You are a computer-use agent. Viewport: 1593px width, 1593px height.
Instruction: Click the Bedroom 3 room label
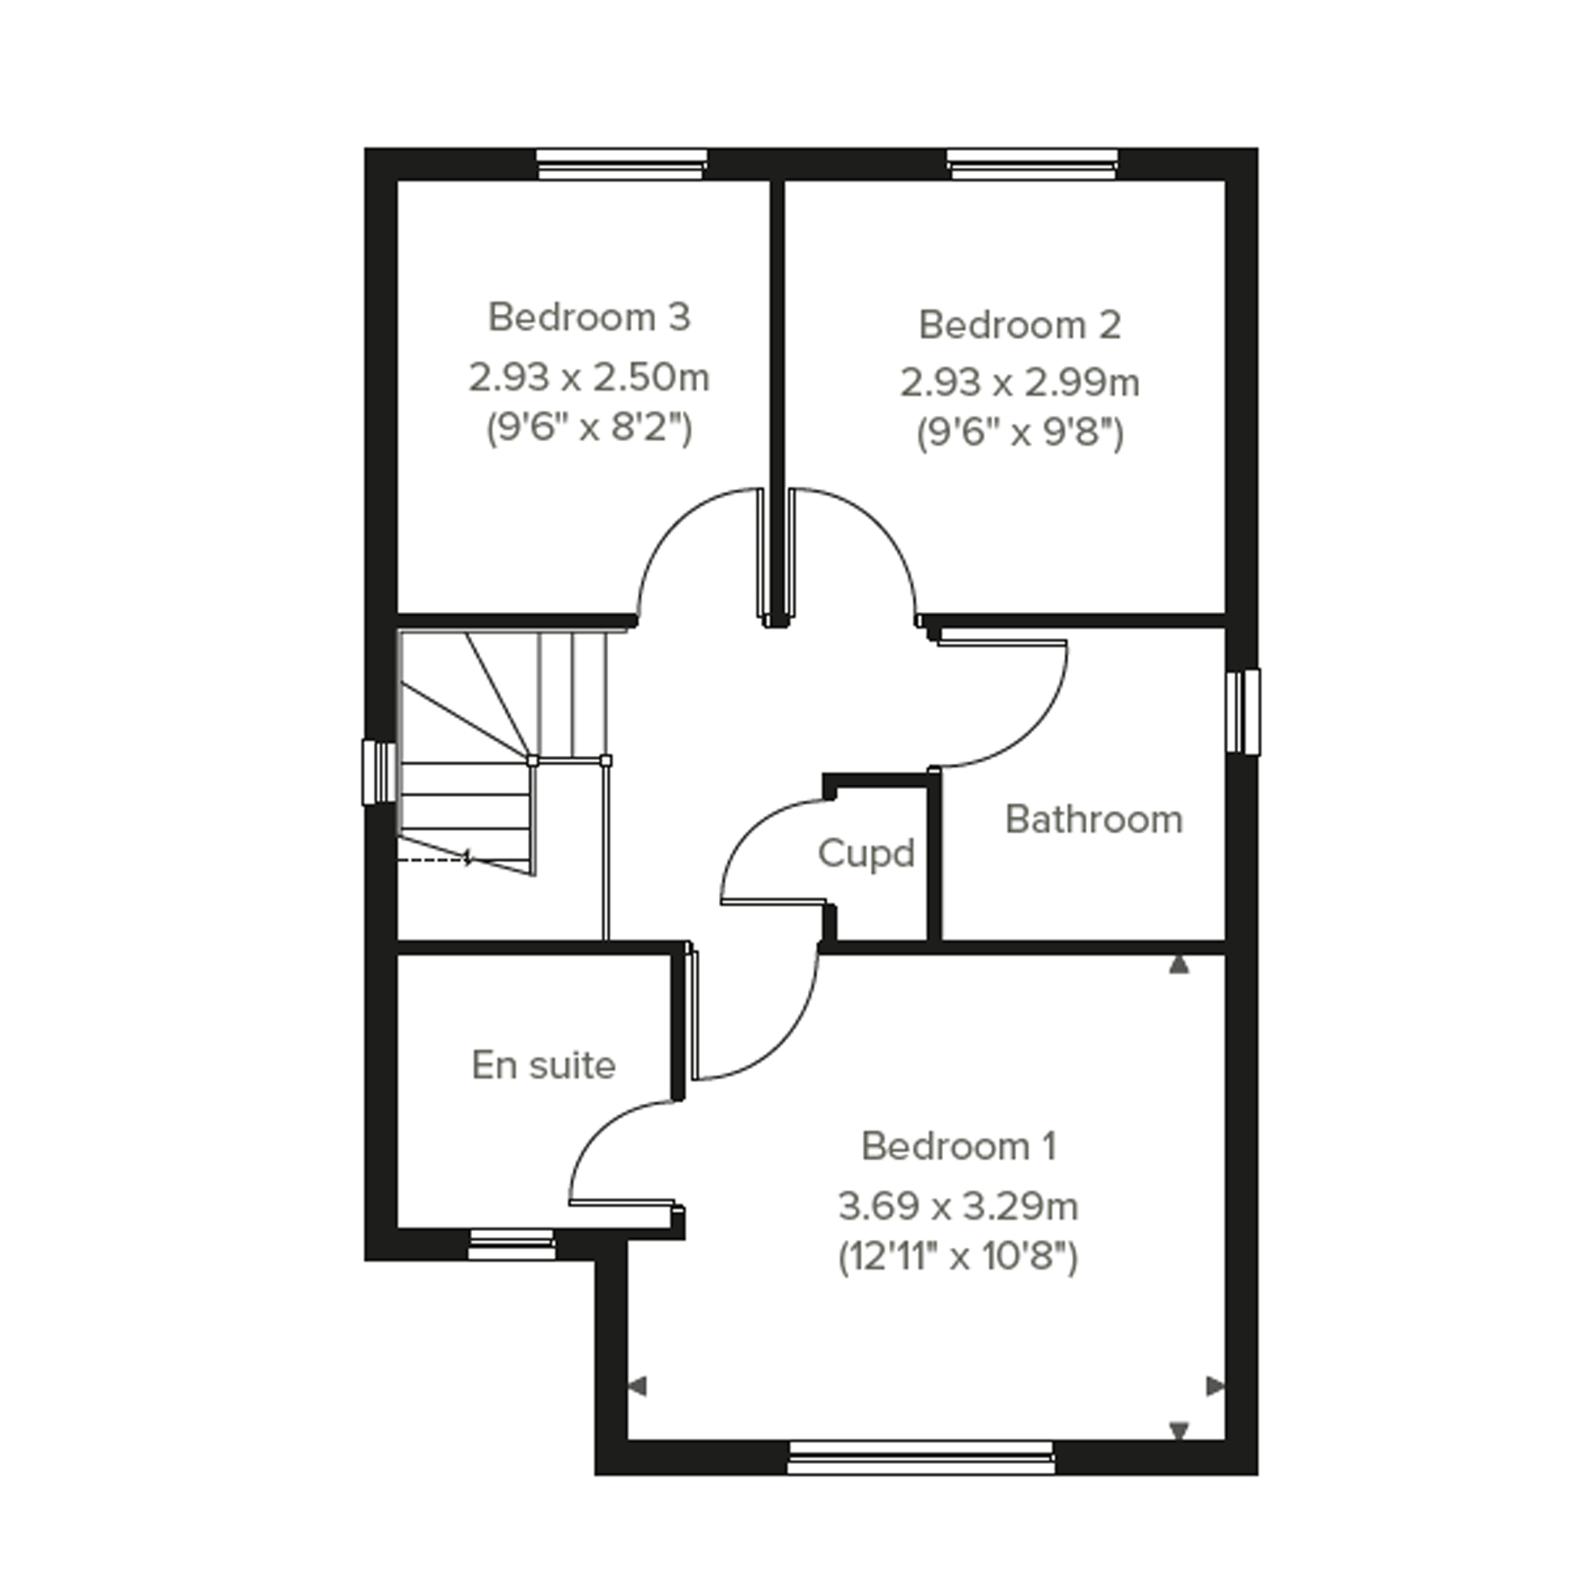pyautogui.click(x=588, y=318)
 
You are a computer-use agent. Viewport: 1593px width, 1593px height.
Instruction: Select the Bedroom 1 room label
pyautogui.click(x=958, y=1146)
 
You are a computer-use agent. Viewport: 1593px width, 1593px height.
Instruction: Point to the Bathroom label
pyautogui.click(x=1094, y=820)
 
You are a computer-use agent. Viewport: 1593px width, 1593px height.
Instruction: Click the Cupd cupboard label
pyautogui.click(x=866, y=854)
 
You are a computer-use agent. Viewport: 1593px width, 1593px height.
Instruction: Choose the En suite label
pyautogui.click(x=544, y=1065)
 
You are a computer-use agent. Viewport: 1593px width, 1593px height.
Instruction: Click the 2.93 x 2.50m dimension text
pyautogui.click(x=588, y=378)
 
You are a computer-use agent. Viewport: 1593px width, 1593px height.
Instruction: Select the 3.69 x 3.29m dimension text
pyautogui.click(x=958, y=1207)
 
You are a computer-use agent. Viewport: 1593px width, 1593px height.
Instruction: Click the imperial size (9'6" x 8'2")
pyautogui.click(x=588, y=428)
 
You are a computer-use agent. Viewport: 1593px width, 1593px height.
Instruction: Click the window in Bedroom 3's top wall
pyautogui.click(x=621, y=164)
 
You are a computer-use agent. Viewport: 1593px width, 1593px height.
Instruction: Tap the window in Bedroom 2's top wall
pyautogui.click(x=1032, y=164)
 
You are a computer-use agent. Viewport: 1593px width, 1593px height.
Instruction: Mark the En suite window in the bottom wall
pyautogui.click(x=511, y=1245)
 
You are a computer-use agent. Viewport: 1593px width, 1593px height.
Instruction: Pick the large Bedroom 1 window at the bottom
pyautogui.click(x=920, y=1458)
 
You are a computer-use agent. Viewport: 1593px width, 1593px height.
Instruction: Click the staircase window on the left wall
pyautogui.click(x=380, y=772)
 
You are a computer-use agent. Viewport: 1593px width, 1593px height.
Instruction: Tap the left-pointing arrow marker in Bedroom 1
pyautogui.click(x=637, y=1387)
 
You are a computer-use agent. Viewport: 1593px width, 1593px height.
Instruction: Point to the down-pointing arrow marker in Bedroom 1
pyautogui.click(x=1179, y=1431)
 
